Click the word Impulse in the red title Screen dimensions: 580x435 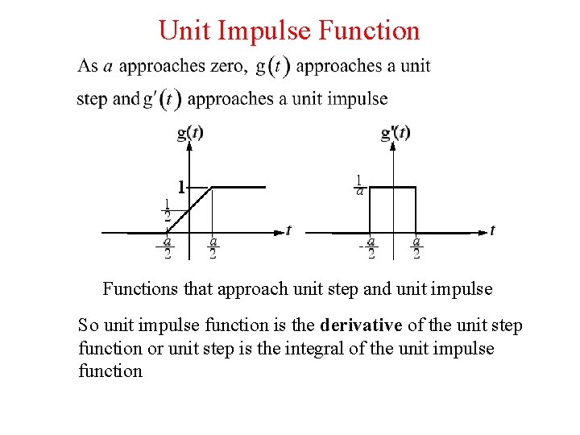271,31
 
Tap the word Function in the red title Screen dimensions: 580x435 370,31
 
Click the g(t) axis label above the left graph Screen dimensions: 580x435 190,133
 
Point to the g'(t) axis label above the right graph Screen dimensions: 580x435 396,133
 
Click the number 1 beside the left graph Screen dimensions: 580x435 181,187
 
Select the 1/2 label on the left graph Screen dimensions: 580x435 167,209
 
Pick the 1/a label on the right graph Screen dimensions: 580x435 358,184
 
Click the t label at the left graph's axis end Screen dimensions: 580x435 288,231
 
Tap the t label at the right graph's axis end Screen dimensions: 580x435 492,231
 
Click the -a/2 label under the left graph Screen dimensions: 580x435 166,246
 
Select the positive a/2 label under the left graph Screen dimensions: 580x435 213,246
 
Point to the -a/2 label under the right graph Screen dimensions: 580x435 369,246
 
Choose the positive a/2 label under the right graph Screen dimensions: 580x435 416,246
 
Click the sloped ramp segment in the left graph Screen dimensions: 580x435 189,210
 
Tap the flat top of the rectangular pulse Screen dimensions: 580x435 392,187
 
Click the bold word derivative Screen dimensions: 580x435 361,325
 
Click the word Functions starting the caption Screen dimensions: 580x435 134,288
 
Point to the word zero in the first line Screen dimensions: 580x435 228,66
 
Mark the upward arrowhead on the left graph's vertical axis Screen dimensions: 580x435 189,145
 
